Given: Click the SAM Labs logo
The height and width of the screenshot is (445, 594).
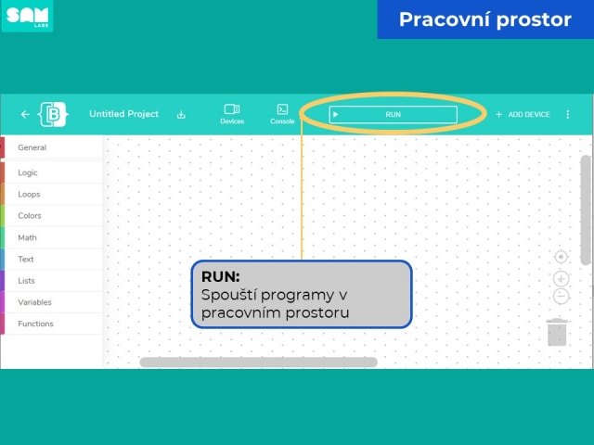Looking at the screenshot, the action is click(27, 17).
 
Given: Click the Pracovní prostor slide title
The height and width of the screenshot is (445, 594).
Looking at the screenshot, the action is click(484, 19).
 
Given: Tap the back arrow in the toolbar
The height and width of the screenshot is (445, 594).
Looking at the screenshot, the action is click(25, 114).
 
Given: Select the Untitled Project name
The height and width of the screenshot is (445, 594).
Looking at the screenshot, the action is click(123, 114).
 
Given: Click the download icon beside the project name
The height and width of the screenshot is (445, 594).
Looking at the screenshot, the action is click(181, 114).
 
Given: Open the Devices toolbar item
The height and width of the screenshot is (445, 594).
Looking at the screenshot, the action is click(232, 114).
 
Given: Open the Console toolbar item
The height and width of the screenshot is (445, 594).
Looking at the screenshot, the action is click(282, 114).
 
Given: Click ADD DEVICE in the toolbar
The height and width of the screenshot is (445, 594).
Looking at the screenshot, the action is click(523, 114).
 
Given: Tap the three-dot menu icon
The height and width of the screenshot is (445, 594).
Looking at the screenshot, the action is click(567, 114).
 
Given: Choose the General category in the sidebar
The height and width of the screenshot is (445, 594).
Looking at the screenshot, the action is click(32, 147).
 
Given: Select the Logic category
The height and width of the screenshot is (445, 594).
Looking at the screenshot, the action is click(28, 172).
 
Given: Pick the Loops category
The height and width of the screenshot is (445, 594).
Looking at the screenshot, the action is click(29, 194).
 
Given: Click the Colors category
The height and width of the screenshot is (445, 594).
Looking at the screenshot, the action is click(30, 216).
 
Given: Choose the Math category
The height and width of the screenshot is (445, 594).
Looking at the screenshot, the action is click(27, 237).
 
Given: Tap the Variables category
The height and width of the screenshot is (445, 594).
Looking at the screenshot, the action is click(34, 302).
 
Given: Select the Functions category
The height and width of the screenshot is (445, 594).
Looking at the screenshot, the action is click(35, 324).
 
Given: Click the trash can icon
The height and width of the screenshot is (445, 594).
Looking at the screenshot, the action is click(557, 332).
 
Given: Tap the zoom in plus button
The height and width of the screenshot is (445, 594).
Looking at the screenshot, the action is click(561, 279).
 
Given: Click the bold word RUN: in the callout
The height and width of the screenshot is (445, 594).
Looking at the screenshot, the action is click(221, 276).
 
